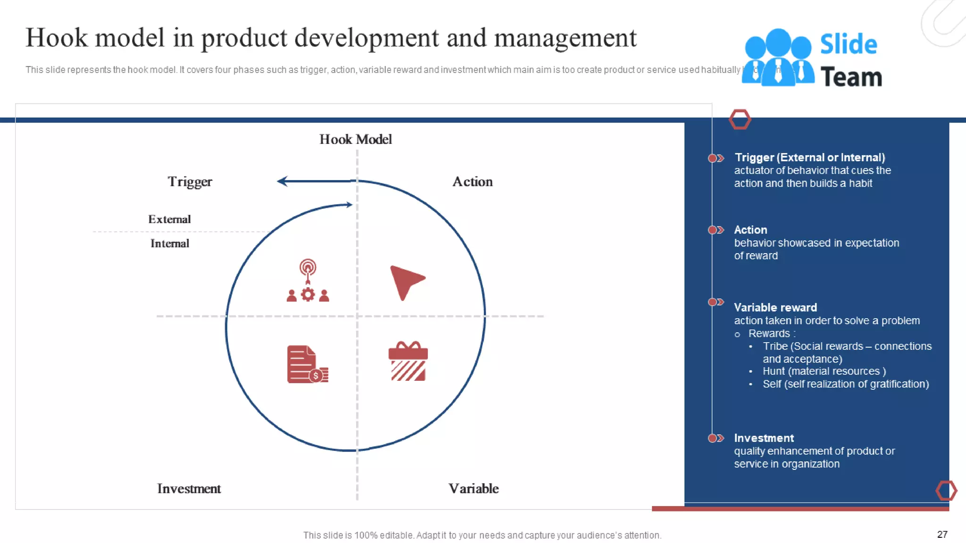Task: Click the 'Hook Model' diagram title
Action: coord(355,140)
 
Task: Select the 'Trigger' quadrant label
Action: coord(190,182)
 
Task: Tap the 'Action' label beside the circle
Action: coord(472,182)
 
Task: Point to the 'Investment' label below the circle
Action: coord(189,489)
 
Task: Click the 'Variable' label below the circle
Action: coord(473,489)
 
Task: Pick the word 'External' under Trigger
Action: coord(169,220)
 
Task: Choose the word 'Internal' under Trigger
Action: coord(170,244)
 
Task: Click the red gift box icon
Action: coord(408,362)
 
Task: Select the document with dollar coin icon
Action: coord(307,364)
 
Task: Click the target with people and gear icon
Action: coord(308,281)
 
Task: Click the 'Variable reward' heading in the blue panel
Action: coord(775,308)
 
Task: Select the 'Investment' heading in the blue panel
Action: coord(764,438)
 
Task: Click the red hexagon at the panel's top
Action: coord(740,119)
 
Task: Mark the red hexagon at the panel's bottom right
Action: coord(946,491)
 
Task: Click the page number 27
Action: coord(942,535)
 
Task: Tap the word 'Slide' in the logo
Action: coord(848,44)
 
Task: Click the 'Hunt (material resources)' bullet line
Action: coord(824,371)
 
